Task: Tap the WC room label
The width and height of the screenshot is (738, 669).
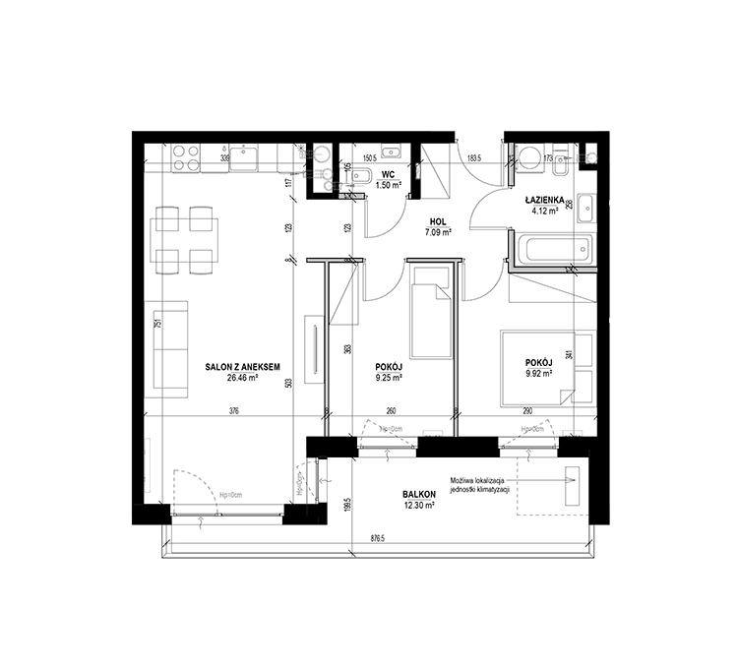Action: tap(389, 174)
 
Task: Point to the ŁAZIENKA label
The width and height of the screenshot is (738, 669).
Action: tap(543, 199)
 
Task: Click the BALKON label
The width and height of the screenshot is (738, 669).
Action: tap(418, 494)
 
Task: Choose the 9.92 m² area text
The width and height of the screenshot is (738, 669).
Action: tap(538, 373)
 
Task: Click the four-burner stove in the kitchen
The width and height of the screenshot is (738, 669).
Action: tap(186, 157)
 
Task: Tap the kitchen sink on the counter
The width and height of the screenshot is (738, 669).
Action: tap(242, 155)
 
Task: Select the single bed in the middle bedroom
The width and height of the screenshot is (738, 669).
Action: tap(432, 312)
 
